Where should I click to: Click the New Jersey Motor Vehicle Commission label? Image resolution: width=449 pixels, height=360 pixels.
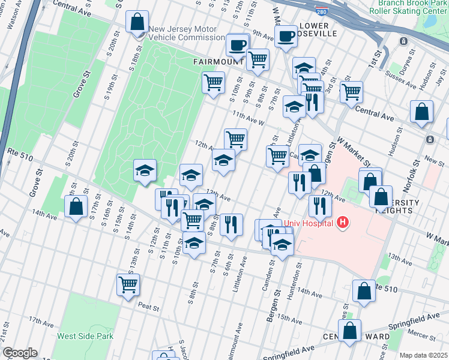tap(186, 33)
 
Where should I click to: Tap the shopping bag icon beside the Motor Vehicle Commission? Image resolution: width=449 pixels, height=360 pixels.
tap(137, 22)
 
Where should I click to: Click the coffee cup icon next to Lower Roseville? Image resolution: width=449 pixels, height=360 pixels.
tap(285, 37)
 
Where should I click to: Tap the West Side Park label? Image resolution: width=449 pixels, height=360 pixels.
tap(85, 336)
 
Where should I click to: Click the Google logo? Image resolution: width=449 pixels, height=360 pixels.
tap(19, 353)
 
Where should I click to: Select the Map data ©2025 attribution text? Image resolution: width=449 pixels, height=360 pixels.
tap(423, 355)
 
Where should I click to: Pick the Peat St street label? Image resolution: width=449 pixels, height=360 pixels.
tap(148, 308)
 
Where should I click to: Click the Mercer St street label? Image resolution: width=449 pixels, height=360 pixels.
tap(420, 332)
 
